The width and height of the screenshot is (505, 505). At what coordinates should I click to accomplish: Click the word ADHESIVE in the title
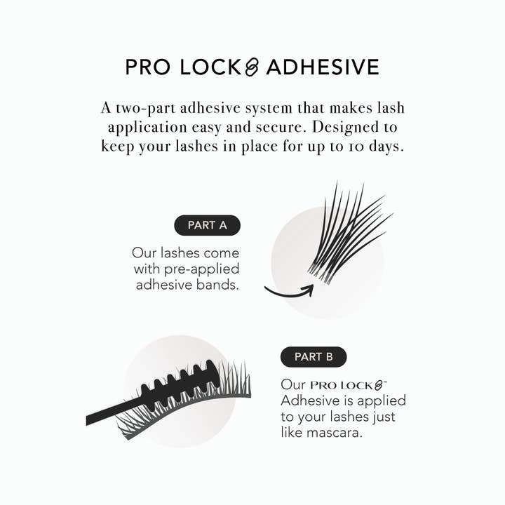click(x=323, y=67)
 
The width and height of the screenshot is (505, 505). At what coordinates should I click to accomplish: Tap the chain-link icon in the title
click(x=252, y=67)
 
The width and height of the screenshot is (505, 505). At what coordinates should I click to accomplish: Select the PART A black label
click(x=207, y=225)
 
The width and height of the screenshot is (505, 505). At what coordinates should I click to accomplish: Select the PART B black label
click(x=314, y=356)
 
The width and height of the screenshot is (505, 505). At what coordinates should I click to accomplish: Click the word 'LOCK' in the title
click(x=204, y=67)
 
